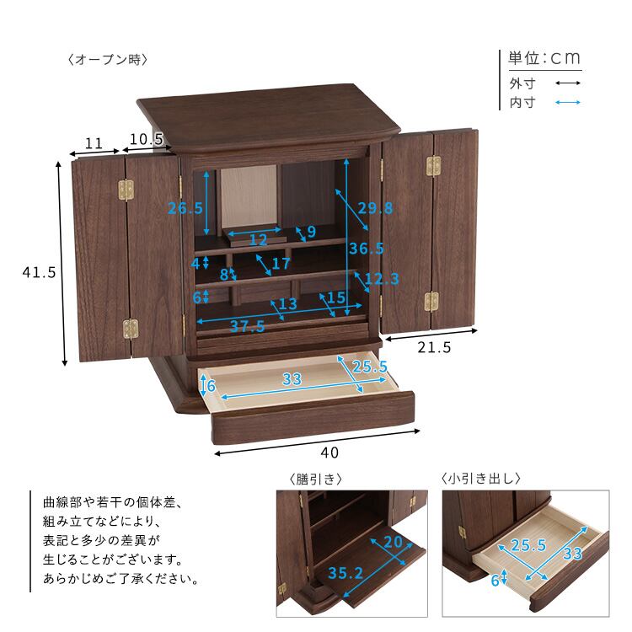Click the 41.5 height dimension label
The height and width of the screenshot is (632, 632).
[x=39, y=272]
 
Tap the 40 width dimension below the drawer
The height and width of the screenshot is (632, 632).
[x=329, y=453]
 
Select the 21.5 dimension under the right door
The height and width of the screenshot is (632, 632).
[x=434, y=347]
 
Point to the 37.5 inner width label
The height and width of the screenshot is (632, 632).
[x=247, y=325]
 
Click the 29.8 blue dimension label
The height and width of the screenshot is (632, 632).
[x=375, y=208]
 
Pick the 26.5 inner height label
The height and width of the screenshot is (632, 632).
[x=185, y=208]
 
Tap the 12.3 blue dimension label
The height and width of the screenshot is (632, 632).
[x=382, y=279]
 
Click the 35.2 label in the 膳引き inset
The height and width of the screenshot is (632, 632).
[x=345, y=573]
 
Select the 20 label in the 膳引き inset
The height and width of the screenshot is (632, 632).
[x=393, y=542]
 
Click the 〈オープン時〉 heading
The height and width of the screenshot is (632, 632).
[x=108, y=60]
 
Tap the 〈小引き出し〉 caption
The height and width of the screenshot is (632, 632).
[x=481, y=479]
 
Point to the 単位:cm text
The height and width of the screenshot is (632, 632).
[x=544, y=58]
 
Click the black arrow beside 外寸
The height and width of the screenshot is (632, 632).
[x=567, y=83]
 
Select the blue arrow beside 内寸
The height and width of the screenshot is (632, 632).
[x=567, y=102]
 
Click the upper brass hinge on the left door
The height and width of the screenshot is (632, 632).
[x=126, y=190]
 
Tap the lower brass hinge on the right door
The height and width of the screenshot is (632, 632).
[x=431, y=302]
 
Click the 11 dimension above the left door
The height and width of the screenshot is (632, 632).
[x=94, y=143]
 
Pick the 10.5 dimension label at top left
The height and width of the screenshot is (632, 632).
[x=146, y=139]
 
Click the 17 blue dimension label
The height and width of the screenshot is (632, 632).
[x=281, y=264]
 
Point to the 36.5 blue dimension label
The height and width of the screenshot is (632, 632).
[x=366, y=249]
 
